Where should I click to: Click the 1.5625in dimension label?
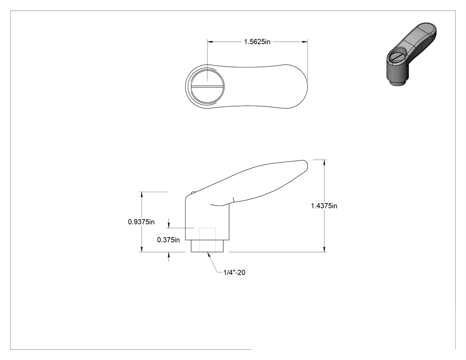[x=257, y=42]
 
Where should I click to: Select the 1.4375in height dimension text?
[x=324, y=206]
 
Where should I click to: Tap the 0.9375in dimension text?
[x=141, y=222]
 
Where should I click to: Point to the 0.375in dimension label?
[x=169, y=240]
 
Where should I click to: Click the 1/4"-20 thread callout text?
[x=234, y=273]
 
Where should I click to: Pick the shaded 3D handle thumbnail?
[x=411, y=54]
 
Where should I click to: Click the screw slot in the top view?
[x=207, y=87]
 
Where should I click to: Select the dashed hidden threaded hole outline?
[x=207, y=240]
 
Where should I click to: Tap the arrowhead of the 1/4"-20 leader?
[x=209, y=254]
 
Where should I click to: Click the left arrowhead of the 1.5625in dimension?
[x=210, y=42]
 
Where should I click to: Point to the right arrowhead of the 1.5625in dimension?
[x=304, y=42]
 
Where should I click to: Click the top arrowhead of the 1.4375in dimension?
[x=324, y=162]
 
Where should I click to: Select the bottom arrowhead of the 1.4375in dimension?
[x=324, y=249]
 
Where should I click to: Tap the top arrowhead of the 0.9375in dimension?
[x=142, y=195]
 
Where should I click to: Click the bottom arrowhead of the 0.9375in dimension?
[x=142, y=249]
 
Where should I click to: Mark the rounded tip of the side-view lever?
[x=306, y=163]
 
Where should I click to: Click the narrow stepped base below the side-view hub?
[x=207, y=246]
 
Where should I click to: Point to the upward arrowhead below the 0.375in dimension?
[x=169, y=255]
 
